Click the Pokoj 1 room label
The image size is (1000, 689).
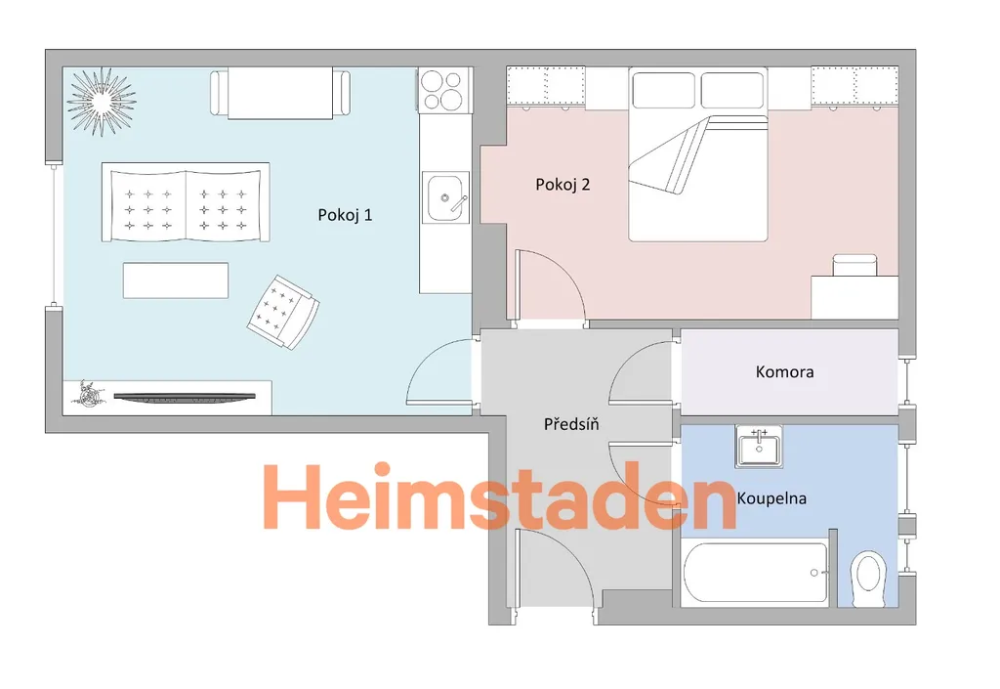click(x=345, y=215)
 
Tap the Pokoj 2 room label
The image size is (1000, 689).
click(x=562, y=185)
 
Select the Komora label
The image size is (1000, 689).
click(x=784, y=372)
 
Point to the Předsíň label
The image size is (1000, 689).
click(x=571, y=423)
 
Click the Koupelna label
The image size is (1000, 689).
click(x=771, y=498)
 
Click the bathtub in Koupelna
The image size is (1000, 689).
click(x=756, y=573)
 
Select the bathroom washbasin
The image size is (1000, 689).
click(x=759, y=447)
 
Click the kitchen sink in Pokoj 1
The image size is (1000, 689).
click(x=446, y=197)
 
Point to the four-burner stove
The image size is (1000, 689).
click(x=444, y=90)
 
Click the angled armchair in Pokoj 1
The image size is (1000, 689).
click(x=283, y=313)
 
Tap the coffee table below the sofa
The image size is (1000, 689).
click(x=176, y=280)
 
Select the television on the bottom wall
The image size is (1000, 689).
click(x=185, y=397)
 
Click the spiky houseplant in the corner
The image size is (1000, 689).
click(x=101, y=101)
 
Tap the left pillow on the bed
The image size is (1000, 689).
click(x=663, y=90)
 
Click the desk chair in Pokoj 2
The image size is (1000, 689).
click(x=855, y=265)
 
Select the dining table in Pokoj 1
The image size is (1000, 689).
click(x=280, y=94)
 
